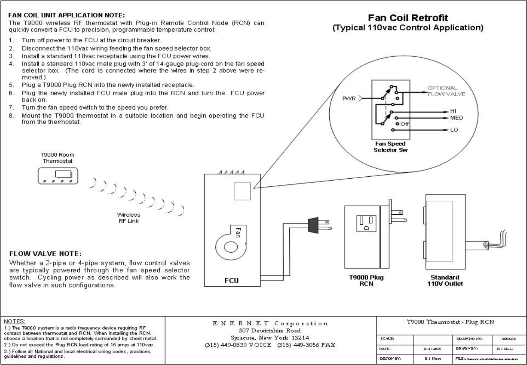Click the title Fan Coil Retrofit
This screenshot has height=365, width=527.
click(408, 18)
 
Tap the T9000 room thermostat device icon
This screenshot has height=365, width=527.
click(58, 176)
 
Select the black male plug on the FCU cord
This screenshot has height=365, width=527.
click(314, 225)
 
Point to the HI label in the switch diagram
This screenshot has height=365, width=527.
click(453, 111)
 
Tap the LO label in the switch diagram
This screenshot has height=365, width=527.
click(454, 130)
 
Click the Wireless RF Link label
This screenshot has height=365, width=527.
click(128, 218)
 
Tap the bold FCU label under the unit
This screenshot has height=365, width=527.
click(231, 281)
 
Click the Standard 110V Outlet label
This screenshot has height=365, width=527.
click(445, 280)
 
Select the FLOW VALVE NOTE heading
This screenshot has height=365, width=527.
click(45, 254)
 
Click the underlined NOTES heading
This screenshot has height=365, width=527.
click(14, 321)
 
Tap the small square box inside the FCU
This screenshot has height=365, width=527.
click(242, 191)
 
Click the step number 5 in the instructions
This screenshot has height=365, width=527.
click(12, 85)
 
